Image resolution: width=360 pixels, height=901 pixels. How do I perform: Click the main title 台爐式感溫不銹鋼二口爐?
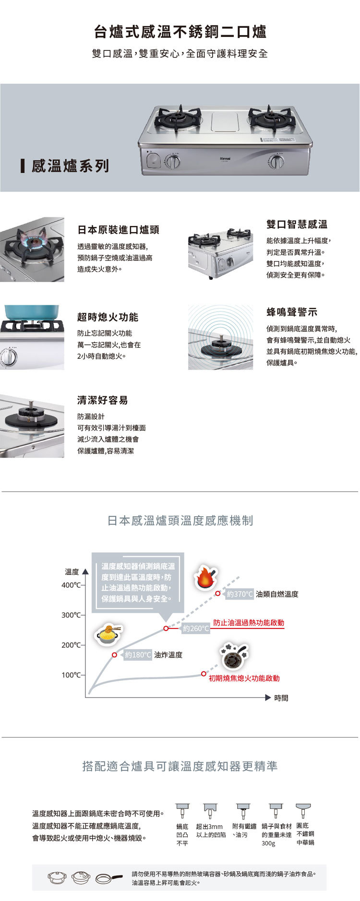pos(180,32)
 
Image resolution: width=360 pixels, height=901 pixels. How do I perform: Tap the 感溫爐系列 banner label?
pos(70,166)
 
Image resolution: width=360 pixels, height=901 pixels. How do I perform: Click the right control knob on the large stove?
pos(276,162)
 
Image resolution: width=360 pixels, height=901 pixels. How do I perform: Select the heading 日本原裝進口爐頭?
pos(118,230)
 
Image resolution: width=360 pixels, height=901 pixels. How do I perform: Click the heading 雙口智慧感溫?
pos(297,224)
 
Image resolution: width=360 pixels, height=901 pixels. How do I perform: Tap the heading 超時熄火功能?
pos(108,317)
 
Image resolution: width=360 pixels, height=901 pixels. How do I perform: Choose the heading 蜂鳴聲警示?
pos(292,312)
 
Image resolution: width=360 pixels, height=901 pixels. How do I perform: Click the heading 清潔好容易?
pos(102,400)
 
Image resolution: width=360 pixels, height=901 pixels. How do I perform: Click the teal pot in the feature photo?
pos(32,312)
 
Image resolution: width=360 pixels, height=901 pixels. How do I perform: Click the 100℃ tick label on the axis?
pos(71,675)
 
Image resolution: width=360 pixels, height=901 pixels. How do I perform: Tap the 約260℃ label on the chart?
pos(195,628)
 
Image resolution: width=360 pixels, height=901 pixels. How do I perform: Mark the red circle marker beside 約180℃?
pos(115,655)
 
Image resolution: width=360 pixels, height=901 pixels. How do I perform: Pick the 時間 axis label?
pos(281,698)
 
